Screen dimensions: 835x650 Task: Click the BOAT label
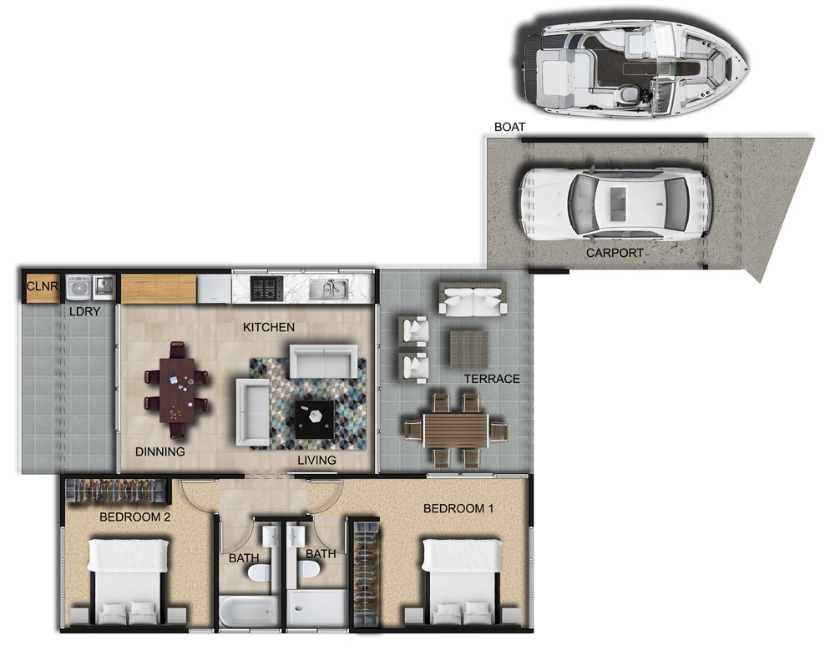[509, 127]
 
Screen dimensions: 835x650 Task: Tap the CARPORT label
[615, 253]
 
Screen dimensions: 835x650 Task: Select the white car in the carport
[615, 204]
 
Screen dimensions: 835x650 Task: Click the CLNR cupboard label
[42, 286]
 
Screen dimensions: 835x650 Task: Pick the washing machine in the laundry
[78, 288]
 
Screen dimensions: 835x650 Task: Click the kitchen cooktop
[266, 288]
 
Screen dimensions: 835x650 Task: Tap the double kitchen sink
[328, 289]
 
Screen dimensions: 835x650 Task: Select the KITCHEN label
[268, 327]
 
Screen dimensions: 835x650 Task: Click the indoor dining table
[177, 390]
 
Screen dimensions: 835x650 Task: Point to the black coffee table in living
[315, 420]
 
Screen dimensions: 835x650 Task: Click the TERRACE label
[492, 379]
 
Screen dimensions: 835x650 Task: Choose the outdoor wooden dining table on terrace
[456, 431]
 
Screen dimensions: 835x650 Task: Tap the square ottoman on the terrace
[469, 350]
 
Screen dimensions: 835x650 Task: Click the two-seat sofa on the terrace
[473, 300]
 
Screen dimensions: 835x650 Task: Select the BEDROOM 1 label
[458, 508]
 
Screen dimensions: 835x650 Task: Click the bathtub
[249, 611]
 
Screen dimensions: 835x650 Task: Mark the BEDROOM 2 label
[134, 516]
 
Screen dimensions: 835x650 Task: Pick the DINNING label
[159, 451]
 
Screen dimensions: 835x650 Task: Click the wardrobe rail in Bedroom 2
[115, 491]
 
